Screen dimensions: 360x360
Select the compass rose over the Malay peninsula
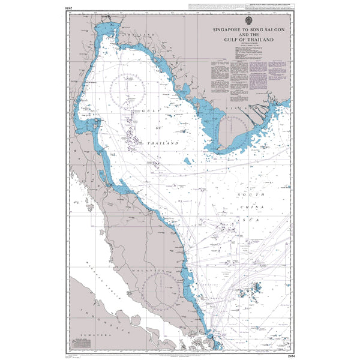point(161,292)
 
